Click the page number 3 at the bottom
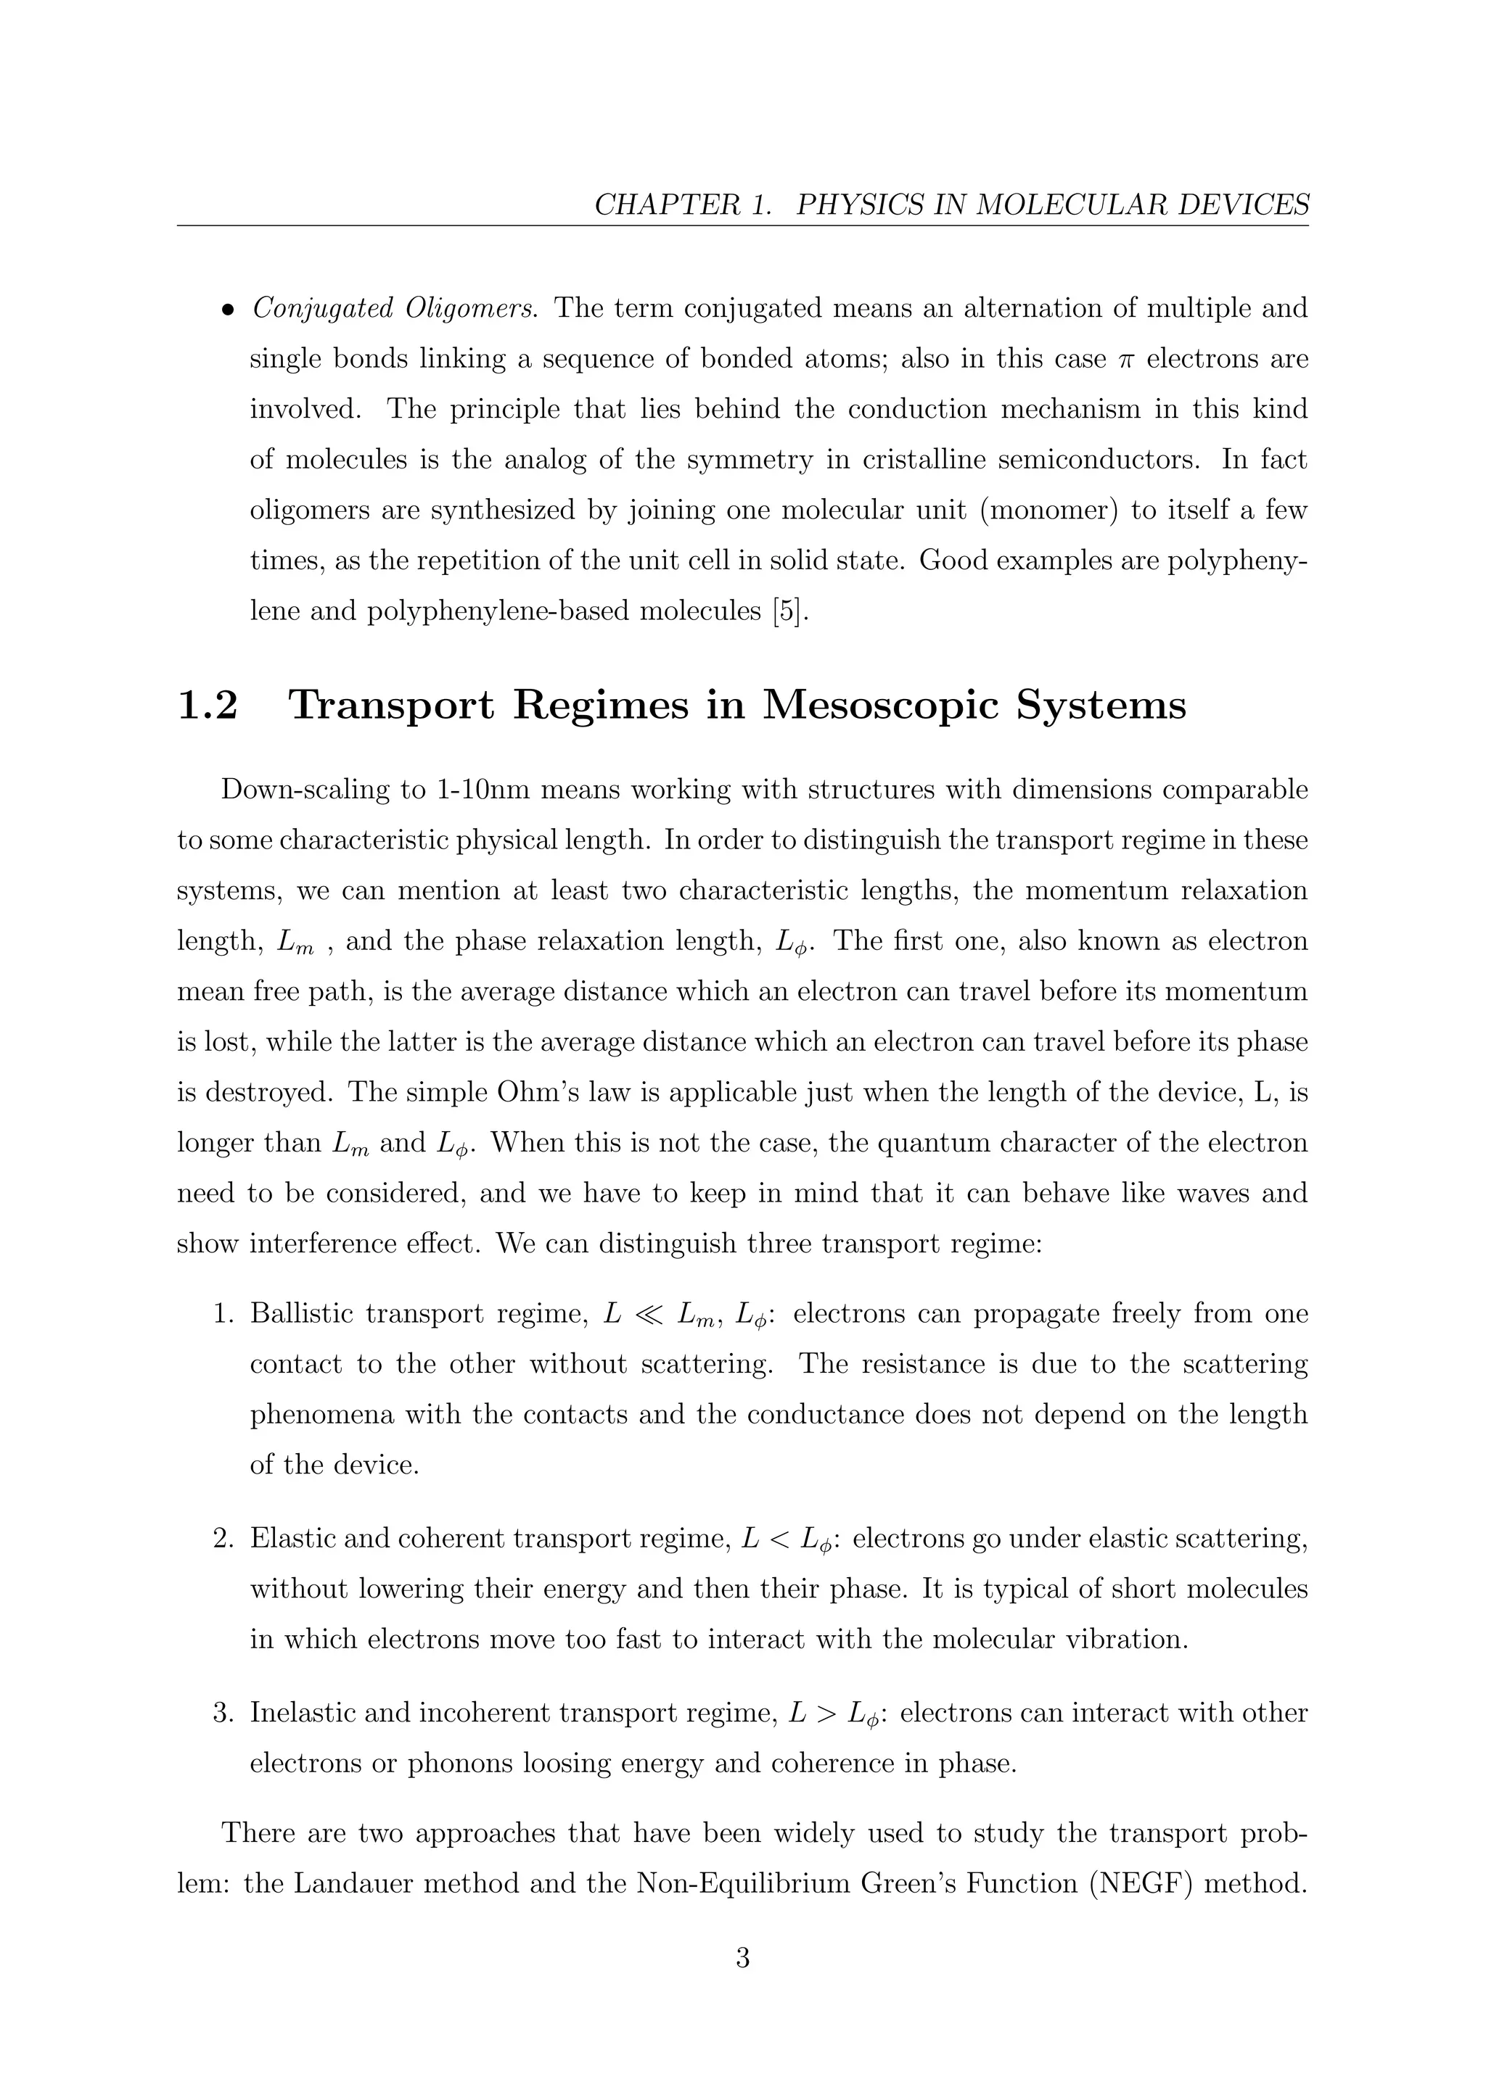point(742,1958)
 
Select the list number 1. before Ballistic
point(224,1315)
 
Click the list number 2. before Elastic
point(224,1539)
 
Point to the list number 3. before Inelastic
point(224,1712)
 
